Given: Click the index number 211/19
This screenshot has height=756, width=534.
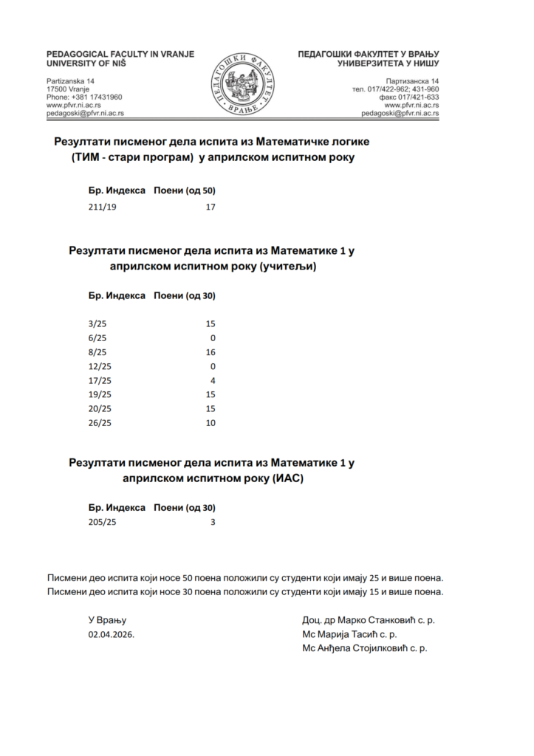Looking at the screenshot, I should [102, 207].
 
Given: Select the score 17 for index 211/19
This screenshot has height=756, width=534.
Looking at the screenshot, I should [210, 207].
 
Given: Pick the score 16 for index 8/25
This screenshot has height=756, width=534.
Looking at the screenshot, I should [210, 352].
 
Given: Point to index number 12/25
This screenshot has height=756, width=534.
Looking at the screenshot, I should [99, 366].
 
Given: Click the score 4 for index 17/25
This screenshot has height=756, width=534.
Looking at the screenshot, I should [213, 380].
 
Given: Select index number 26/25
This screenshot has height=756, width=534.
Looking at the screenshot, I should [99, 423].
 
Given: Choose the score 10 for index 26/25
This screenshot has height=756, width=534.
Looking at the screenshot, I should [210, 423].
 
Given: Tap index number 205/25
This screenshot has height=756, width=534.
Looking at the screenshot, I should [102, 523].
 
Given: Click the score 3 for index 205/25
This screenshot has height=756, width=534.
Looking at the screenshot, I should [213, 523].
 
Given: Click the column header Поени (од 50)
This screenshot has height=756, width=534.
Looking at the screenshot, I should [184, 190].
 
